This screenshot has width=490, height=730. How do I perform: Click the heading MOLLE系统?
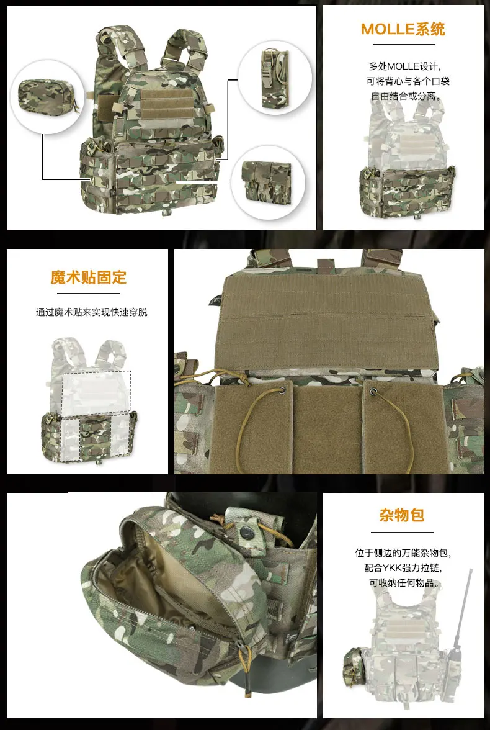pyautogui.click(x=403, y=29)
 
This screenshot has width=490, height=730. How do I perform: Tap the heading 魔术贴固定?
pyautogui.click(x=89, y=277)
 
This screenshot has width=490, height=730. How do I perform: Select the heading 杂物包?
pyautogui.click(x=401, y=515)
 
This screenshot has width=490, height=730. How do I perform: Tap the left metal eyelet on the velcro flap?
pyautogui.click(x=282, y=390)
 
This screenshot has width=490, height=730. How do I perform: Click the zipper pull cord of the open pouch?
pyautogui.click(x=246, y=662)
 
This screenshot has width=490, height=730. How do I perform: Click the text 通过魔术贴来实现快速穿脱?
pyautogui.click(x=91, y=312)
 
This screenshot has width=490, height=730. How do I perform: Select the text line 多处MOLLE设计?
pyautogui.click(x=405, y=66)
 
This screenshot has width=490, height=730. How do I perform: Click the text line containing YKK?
pyautogui.click(x=403, y=568)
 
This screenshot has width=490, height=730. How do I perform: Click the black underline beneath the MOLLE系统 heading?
pyautogui.click(x=403, y=45)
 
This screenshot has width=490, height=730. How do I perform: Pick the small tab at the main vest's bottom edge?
pyautogui.click(x=165, y=214)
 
